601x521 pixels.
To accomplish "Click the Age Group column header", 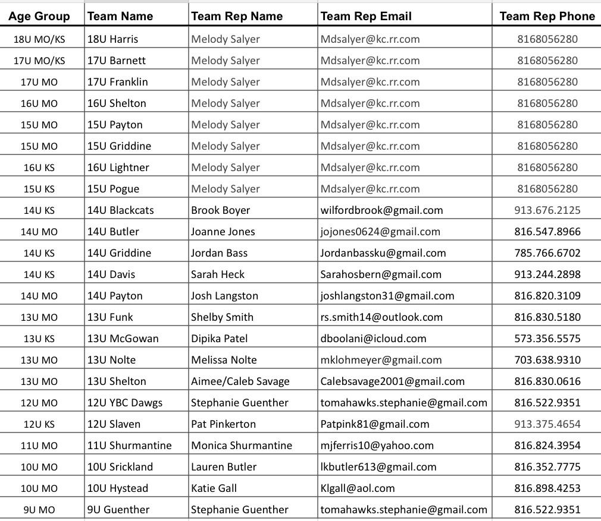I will click(x=39, y=16).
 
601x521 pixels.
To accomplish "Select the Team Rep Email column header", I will click(x=366, y=16).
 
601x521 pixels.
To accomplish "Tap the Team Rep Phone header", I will click(x=547, y=16).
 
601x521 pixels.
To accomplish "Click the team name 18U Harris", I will click(x=112, y=39).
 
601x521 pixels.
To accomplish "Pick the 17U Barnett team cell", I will click(x=116, y=61).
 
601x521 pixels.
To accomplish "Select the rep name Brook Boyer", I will click(x=220, y=210).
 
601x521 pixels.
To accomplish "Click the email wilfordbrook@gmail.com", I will click(x=381, y=210).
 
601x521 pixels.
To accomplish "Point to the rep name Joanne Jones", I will click(x=223, y=232).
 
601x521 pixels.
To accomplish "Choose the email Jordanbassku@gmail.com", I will click(x=383, y=253).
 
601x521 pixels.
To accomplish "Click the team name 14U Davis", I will click(x=111, y=274).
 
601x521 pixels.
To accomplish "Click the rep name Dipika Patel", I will click(x=219, y=339).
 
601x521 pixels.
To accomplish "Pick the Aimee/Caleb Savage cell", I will click(x=240, y=381).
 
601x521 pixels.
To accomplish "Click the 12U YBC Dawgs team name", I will click(x=124, y=403).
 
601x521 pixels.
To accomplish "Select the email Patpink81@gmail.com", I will click(x=375, y=424).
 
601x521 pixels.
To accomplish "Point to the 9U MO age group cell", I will click(x=39, y=510).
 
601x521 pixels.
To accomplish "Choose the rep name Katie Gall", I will click(x=214, y=488).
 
